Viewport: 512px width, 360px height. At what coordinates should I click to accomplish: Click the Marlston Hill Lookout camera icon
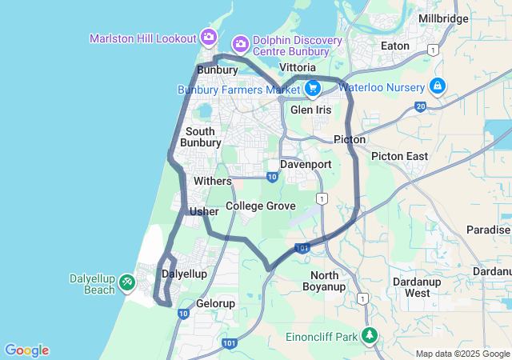pyautogui.click(x=210, y=37)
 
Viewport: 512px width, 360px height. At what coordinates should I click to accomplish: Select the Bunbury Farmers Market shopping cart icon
pyautogui.click(x=313, y=87)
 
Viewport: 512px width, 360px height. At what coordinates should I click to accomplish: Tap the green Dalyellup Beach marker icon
pyautogui.click(x=127, y=282)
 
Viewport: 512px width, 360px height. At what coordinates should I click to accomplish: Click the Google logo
pyautogui.click(x=26, y=350)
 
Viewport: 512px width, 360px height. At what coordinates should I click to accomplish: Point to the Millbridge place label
pyautogui.click(x=443, y=18)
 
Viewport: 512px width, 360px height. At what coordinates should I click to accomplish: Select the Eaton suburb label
pyautogui.click(x=395, y=46)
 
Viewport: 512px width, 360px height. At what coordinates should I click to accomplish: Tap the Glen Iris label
pyautogui.click(x=310, y=110)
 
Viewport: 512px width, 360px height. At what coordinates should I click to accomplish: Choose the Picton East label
pyautogui.click(x=399, y=156)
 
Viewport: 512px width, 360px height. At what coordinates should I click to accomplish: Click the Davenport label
pyautogui.click(x=306, y=164)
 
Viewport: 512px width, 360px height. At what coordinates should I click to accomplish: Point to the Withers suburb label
pyautogui.click(x=212, y=181)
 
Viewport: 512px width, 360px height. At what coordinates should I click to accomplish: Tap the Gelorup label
pyautogui.click(x=216, y=304)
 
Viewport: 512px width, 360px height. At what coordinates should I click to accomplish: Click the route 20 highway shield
pyautogui.click(x=421, y=105)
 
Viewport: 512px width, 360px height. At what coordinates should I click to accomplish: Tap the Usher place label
pyautogui.click(x=204, y=211)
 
